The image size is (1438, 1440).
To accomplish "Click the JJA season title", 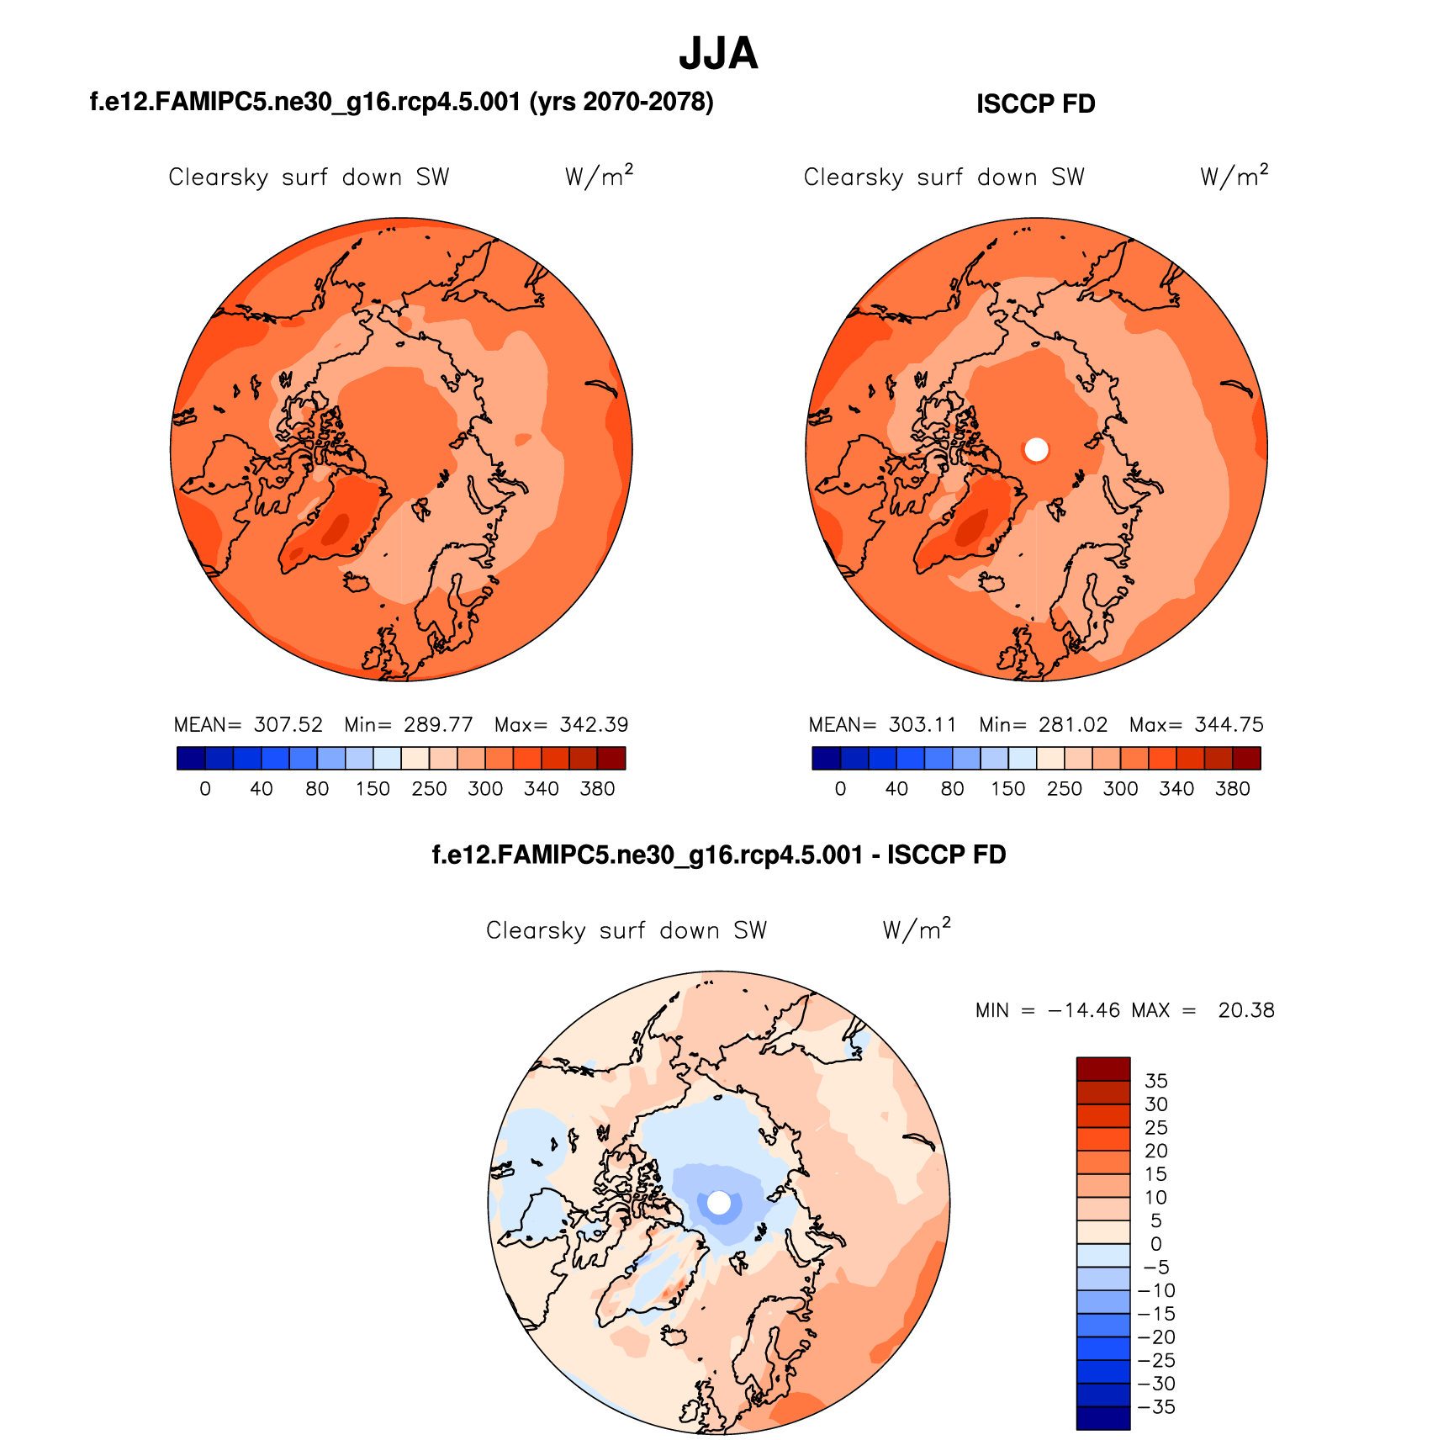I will coord(718,54).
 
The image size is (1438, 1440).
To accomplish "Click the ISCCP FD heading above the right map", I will coord(1035,104).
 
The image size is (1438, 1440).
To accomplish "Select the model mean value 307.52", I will coord(288,725).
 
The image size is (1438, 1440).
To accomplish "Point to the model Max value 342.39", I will coord(595,725).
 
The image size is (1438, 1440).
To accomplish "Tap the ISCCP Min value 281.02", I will coord(1073,725).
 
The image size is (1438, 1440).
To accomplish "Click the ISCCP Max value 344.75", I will coord(1229,725).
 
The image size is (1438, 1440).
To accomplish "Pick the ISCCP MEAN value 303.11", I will coord(923,725).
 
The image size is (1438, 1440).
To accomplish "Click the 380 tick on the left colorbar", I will coord(597,789).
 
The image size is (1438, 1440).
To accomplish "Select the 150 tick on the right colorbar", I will coord(1007,789).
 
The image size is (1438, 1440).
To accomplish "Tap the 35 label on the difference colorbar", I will coord(1156,1081).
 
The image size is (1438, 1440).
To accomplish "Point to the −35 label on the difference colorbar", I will coord(1156,1407).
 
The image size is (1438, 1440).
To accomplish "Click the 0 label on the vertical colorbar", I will coord(1156,1244).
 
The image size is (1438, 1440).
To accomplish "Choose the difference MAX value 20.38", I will coord(1246,1010).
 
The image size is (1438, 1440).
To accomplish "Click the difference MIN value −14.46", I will coord(1084,1010).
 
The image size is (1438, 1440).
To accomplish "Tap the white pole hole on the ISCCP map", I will coord(1036,450).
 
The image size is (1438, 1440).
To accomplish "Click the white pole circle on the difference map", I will coord(719,1203).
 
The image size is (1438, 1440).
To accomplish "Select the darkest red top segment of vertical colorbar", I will coord(1103,1068).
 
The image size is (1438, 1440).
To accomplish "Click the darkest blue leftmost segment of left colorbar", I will coord(191,759).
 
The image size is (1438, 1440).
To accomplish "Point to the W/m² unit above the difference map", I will coord(917,929).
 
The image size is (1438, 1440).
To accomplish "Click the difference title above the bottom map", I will coord(719,855).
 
